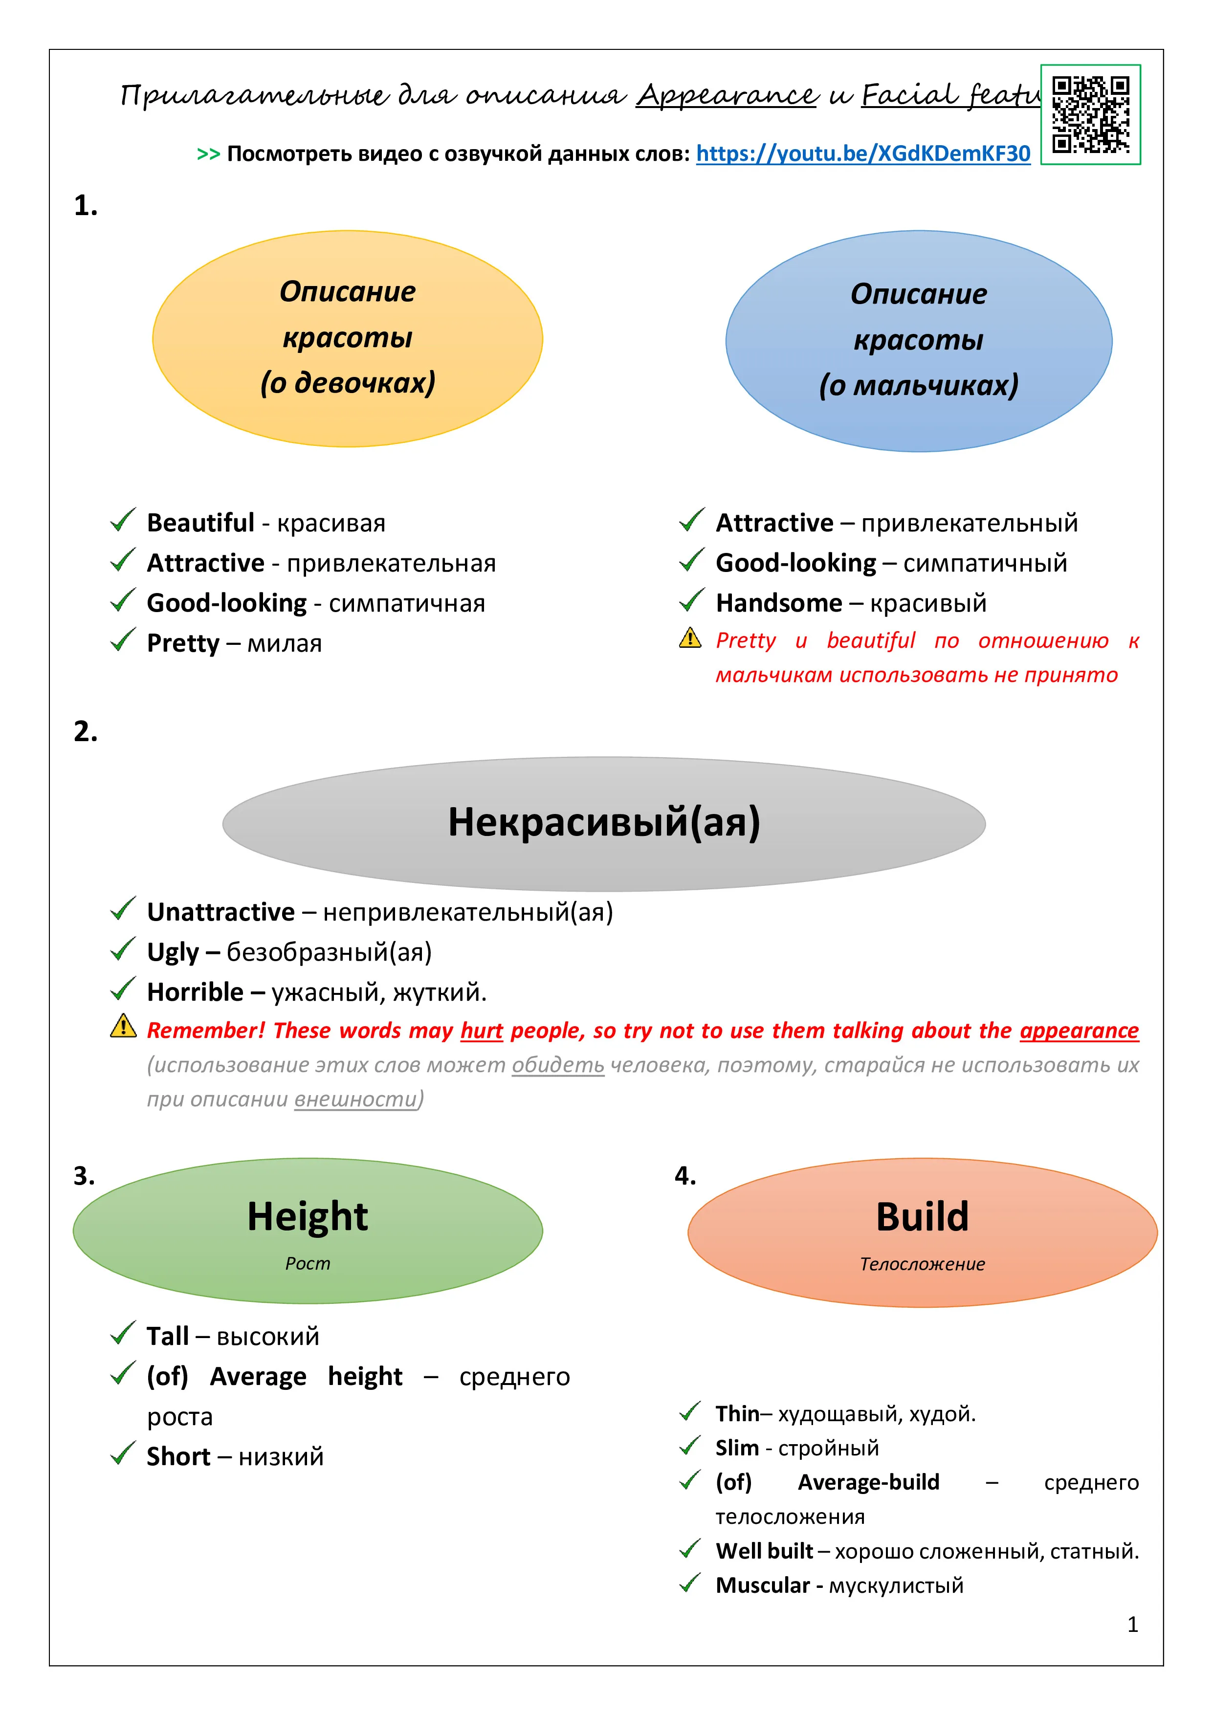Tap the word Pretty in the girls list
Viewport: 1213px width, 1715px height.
coord(183,643)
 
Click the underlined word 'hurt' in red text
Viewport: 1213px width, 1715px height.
coord(482,1030)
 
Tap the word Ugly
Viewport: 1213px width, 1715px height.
coord(173,952)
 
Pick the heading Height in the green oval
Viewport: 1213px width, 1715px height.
coord(308,1217)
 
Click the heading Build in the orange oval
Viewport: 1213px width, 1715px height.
coord(923,1217)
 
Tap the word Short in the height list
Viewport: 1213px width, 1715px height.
coord(178,1456)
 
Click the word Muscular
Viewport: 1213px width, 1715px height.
coord(763,1585)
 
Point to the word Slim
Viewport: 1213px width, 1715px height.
coord(737,1448)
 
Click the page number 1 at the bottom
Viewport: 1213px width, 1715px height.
coord(1132,1625)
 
